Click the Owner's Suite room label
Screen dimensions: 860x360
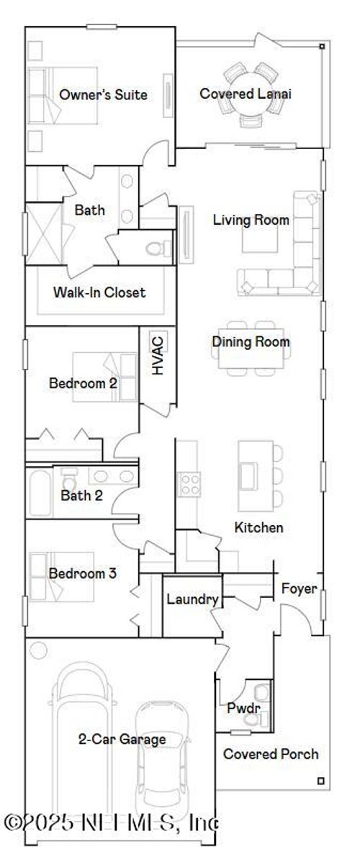pos(103,94)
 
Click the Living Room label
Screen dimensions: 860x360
pos(251,220)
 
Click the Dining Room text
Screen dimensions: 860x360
pos(251,341)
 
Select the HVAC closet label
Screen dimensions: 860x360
pos(158,354)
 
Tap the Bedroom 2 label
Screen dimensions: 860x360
pos(83,383)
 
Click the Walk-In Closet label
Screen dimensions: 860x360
pos(99,292)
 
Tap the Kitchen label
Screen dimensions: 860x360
pos(258,528)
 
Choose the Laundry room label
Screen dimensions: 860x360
pos(192,599)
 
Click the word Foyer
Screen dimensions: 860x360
pos(298,588)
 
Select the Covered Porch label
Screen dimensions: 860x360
pos(271,754)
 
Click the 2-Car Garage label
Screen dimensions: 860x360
pos(122,739)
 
